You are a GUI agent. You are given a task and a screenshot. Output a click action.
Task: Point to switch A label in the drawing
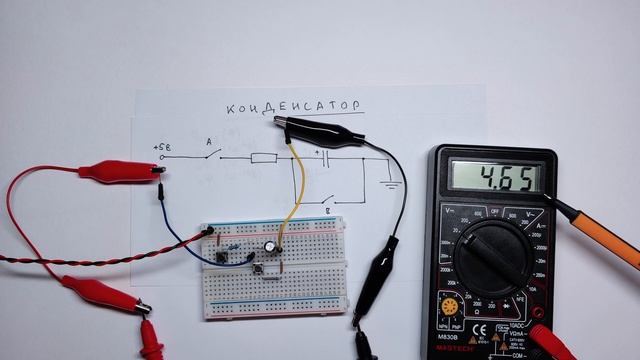(208, 141)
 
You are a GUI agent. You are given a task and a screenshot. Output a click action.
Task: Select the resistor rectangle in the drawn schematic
(264, 157)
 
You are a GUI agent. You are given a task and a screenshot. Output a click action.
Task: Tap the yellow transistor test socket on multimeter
(450, 306)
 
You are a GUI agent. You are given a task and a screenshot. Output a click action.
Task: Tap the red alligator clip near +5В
(117, 171)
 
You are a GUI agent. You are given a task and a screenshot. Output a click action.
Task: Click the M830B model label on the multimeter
(448, 335)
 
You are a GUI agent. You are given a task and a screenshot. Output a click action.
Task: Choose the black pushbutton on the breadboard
(220, 257)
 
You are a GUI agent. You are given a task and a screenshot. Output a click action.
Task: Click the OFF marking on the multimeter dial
(491, 211)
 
